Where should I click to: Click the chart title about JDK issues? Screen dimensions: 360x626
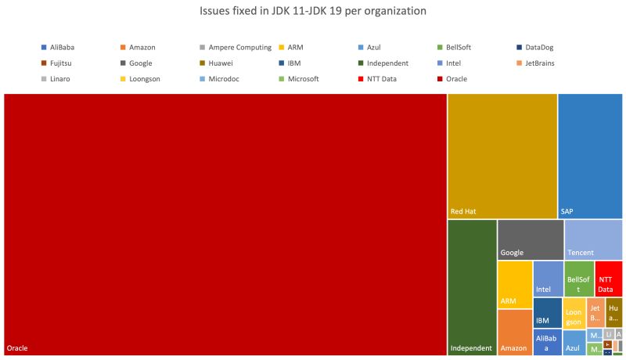[313, 12]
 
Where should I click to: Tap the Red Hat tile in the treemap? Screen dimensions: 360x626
[502, 155]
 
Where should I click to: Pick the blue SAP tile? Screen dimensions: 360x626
[591, 155]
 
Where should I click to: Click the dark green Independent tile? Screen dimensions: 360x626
[472, 287]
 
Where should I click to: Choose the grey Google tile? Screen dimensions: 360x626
[530, 239]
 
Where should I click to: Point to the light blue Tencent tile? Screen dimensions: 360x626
[593, 239]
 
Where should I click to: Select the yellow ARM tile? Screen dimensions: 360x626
[514, 285]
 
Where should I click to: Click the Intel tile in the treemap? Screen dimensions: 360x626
[548, 279]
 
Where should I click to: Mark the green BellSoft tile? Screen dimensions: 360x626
[578, 279]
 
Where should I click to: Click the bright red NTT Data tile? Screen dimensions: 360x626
[609, 279]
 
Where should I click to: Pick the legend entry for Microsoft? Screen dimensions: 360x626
[299, 79]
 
